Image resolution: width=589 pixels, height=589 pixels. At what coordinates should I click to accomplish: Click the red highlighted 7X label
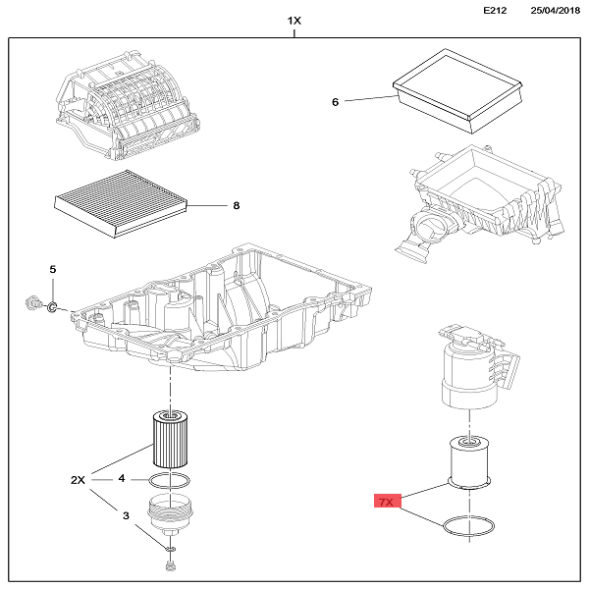point(385,502)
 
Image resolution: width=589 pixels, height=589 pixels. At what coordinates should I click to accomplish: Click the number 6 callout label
point(335,102)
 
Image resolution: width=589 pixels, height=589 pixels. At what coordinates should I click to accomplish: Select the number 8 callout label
point(236,206)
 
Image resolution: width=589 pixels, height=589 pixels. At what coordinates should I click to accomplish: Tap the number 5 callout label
point(54,269)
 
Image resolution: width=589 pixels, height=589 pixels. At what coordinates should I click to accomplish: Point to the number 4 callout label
point(122,479)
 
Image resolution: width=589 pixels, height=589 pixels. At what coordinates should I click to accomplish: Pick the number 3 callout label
point(125,514)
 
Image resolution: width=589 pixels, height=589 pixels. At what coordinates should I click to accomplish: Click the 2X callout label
point(80,480)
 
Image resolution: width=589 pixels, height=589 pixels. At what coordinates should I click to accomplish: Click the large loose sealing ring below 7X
point(467,528)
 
